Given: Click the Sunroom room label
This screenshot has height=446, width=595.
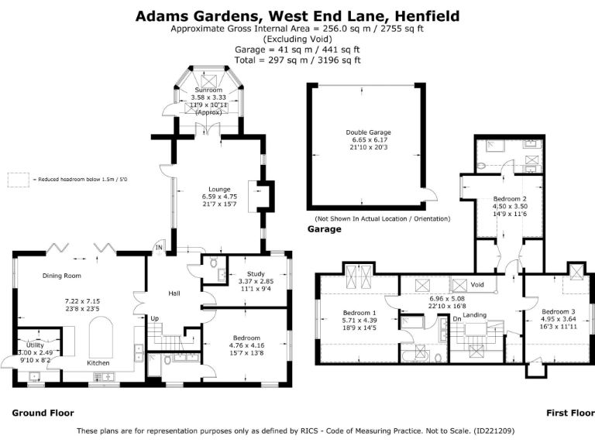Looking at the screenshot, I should click(x=208, y=91).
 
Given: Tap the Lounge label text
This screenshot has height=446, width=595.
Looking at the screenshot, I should click(x=219, y=189).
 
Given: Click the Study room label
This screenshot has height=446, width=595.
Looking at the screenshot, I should click(x=256, y=273).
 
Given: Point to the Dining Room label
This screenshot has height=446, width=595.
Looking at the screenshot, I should click(x=62, y=276).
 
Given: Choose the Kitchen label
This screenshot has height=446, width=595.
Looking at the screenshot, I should click(x=98, y=362).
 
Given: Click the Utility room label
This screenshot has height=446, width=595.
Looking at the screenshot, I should click(x=35, y=345).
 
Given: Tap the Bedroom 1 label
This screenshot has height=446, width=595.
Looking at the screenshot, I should click(x=359, y=314).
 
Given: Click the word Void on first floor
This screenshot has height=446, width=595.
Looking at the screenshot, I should click(x=478, y=285).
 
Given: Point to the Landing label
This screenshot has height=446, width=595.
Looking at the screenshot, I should click(x=474, y=314).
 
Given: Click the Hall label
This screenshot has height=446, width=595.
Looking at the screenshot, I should click(x=175, y=293).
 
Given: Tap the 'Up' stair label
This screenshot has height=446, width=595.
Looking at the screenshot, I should click(x=154, y=318).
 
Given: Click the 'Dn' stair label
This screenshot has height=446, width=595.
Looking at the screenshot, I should click(x=458, y=318).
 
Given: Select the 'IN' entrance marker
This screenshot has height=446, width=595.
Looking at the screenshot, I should click(x=159, y=248).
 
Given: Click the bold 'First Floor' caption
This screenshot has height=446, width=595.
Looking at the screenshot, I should click(x=569, y=413).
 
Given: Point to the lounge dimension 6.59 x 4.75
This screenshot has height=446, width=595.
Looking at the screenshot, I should click(x=219, y=197).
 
